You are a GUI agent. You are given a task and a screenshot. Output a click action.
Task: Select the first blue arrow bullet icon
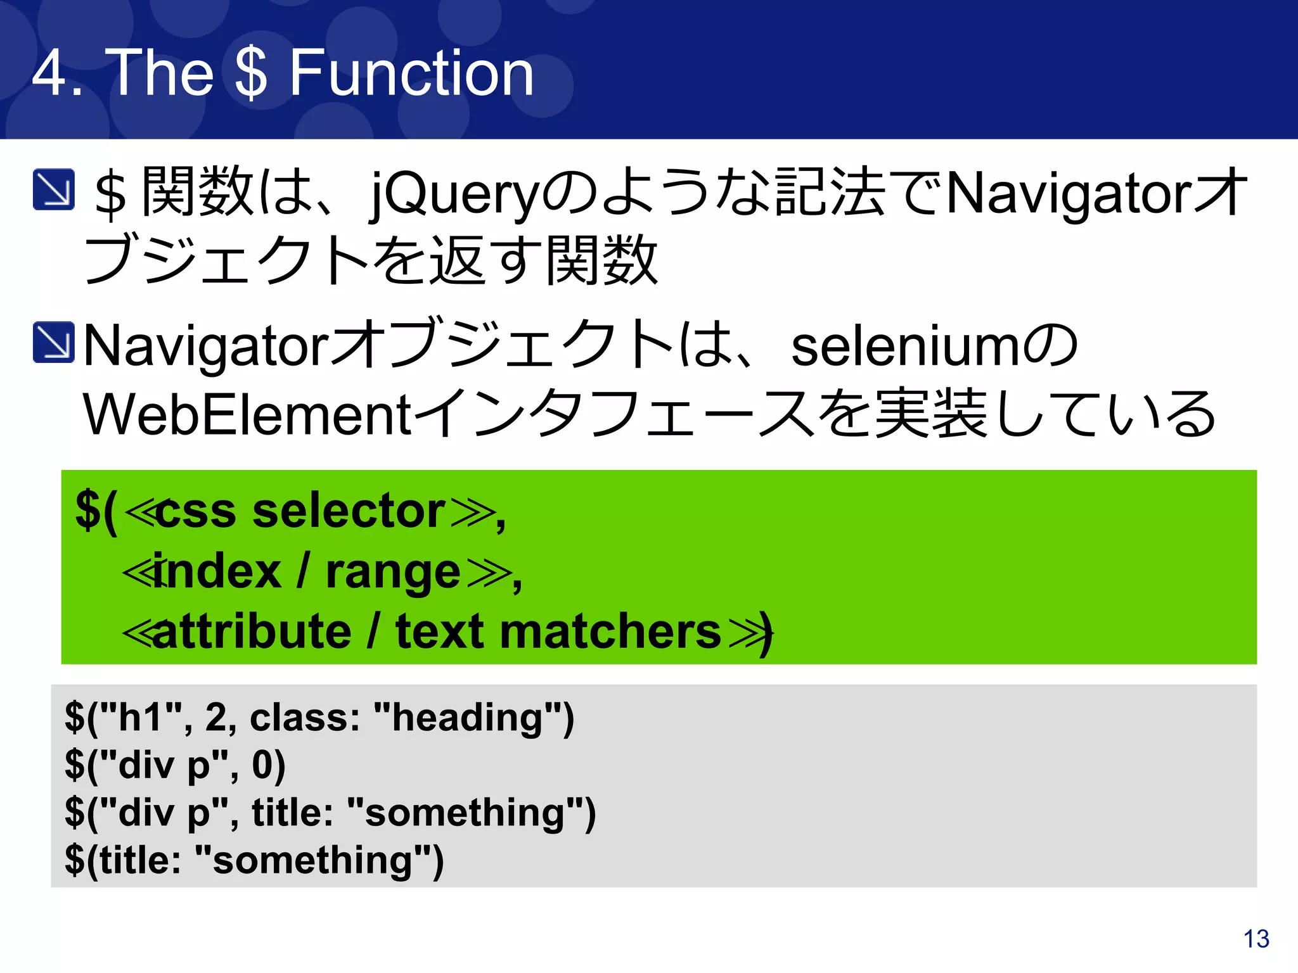click(54, 189)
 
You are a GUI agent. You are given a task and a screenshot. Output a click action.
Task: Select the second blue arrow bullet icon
click(54, 343)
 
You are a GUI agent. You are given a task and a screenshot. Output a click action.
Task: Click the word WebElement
click(247, 415)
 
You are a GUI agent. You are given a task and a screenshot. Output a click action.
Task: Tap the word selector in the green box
click(349, 511)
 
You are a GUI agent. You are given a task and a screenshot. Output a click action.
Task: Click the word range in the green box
click(393, 571)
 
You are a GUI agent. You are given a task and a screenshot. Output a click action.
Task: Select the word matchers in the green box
click(610, 632)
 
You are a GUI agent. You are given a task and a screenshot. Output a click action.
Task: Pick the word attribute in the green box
click(252, 632)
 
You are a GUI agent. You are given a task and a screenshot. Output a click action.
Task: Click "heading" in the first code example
click(467, 718)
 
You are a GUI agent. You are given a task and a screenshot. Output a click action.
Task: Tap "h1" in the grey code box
click(141, 718)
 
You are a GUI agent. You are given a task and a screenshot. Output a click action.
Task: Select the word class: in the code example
click(305, 718)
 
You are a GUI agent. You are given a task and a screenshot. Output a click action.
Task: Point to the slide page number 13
click(1256, 939)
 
